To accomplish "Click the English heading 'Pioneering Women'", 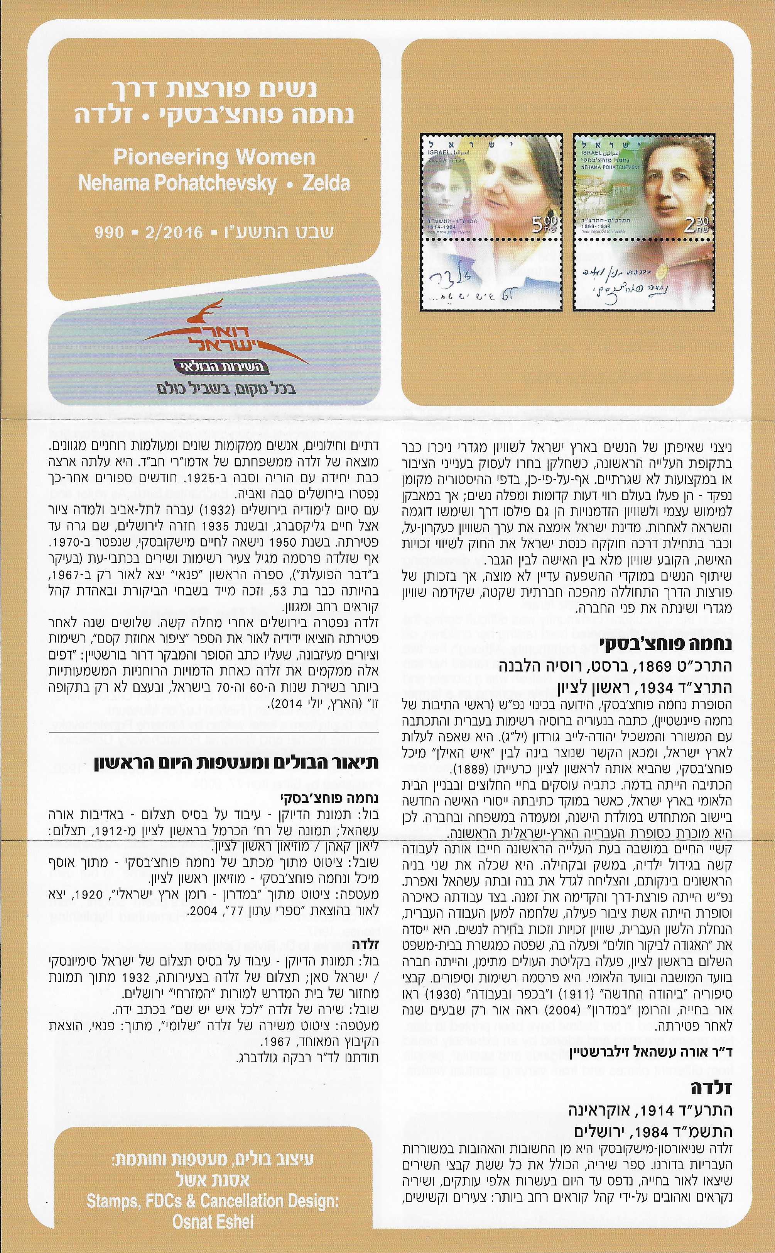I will click(x=214, y=158).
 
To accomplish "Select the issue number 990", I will click(x=109, y=232).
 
